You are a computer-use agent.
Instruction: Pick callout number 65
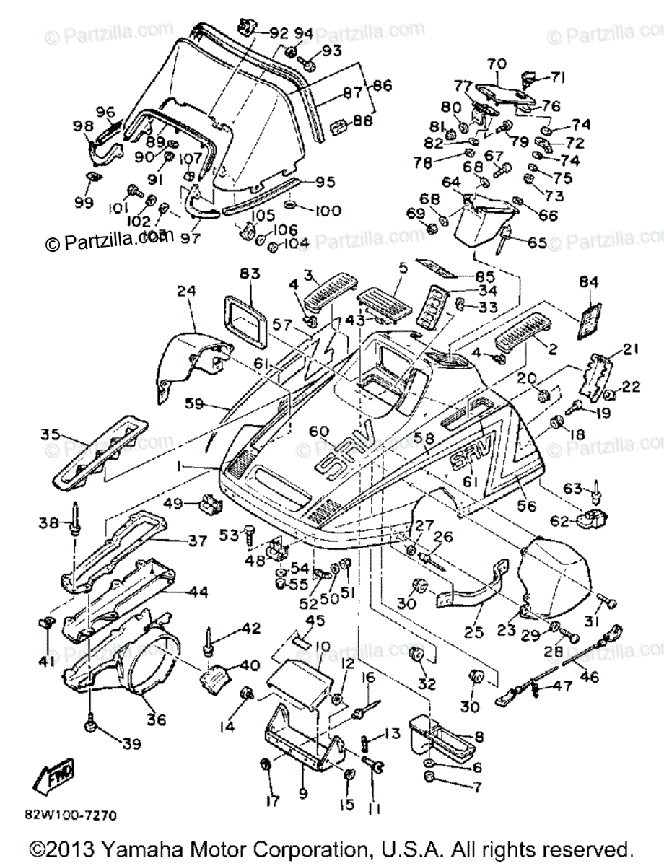click(536, 243)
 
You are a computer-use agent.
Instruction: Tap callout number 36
click(157, 720)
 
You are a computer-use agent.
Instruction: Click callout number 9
click(303, 793)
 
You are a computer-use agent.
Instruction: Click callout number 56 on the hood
click(527, 507)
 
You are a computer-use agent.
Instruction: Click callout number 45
click(315, 621)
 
